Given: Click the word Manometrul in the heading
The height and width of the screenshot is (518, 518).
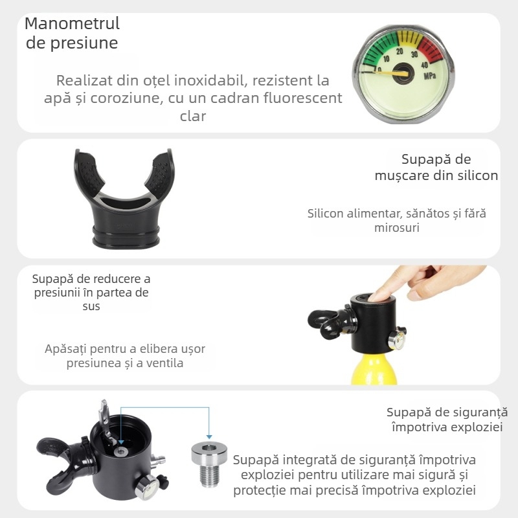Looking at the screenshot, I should point(72,24).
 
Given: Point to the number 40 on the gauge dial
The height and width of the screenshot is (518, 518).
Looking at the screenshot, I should point(425,64).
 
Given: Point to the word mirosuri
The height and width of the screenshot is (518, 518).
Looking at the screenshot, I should point(396,228).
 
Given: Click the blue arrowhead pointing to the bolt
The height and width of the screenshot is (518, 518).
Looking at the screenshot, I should point(208,436).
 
